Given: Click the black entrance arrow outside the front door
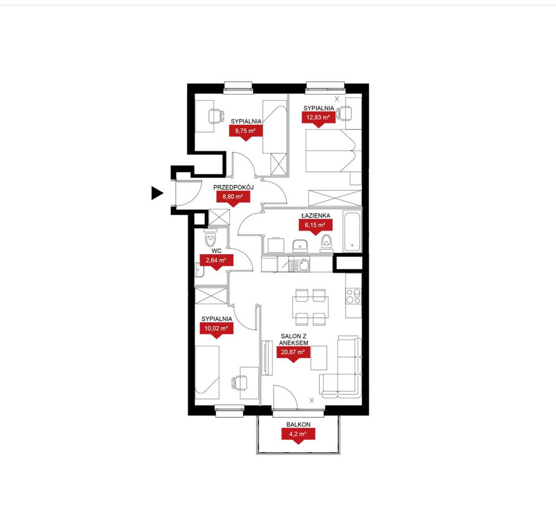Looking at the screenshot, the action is click(x=157, y=193).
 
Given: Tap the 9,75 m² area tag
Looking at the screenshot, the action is click(x=245, y=131).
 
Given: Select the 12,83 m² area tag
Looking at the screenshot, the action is click(x=318, y=118).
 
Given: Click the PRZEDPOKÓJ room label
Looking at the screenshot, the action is click(x=233, y=187).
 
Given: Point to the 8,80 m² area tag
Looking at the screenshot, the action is click(x=233, y=197).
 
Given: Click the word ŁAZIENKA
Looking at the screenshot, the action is click(x=315, y=215).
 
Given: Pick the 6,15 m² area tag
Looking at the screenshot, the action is click(x=315, y=226).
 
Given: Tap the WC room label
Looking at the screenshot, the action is click(x=216, y=251).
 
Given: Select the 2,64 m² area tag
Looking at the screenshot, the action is click(x=216, y=261).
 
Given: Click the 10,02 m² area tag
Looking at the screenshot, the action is click(x=216, y=329).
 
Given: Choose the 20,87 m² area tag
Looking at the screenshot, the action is click(x=293, y=353).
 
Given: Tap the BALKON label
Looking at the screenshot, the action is click(x=298, y=424).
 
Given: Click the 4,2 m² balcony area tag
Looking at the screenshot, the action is click(x=298, y=435).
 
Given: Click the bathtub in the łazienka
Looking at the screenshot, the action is click(x=352, y=231).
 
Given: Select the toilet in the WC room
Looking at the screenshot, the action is click(x=211, y=237).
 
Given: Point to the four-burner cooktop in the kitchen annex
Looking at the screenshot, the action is click(x=353, y=297).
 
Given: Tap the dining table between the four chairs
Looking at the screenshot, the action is click(x=310, y=307).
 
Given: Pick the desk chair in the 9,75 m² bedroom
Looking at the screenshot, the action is click(x=215, y=116).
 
